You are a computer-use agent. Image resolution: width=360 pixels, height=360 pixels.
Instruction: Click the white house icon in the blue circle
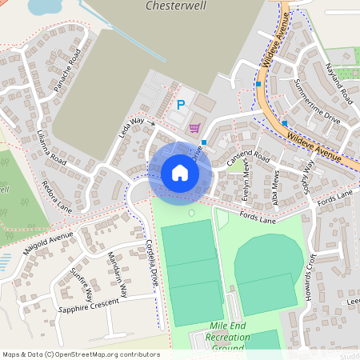point(180,173)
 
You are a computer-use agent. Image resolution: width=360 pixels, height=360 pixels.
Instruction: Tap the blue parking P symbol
point(180,104)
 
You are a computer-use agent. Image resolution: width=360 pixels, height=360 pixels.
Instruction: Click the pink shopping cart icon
point(194,128)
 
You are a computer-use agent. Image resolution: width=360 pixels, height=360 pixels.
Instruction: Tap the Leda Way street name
point(131,127)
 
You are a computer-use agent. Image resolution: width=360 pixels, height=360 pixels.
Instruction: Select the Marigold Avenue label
point(48,245)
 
